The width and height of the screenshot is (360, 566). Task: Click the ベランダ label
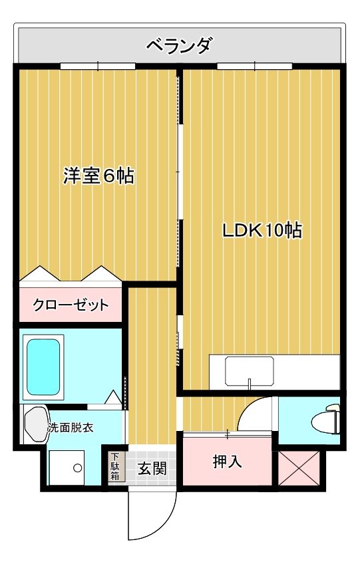click(179, 45)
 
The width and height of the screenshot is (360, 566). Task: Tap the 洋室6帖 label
click(98, 176)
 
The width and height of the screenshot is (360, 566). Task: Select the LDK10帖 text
click(262, 231)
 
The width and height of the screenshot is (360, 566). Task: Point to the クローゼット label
click(71, 305)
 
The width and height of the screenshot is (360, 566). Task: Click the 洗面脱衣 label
click(71, 428)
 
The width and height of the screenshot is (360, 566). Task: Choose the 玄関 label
click(152, 468)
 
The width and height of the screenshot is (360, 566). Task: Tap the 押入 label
click(228, 461)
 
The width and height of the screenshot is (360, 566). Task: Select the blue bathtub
click(43, 366)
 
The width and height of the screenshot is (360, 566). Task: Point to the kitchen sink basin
click(249, 371)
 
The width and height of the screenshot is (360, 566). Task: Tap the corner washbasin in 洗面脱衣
click(36, 424)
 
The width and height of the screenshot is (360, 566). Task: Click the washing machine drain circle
click(77, 468)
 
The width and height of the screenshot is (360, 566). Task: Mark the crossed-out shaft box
click(299, 468)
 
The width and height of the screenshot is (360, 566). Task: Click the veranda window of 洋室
click(98, 66)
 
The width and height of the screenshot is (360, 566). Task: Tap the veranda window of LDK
click(255, 66)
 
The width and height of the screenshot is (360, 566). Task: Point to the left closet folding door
click(40, 273)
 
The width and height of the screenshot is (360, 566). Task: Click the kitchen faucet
click(249, 384)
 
